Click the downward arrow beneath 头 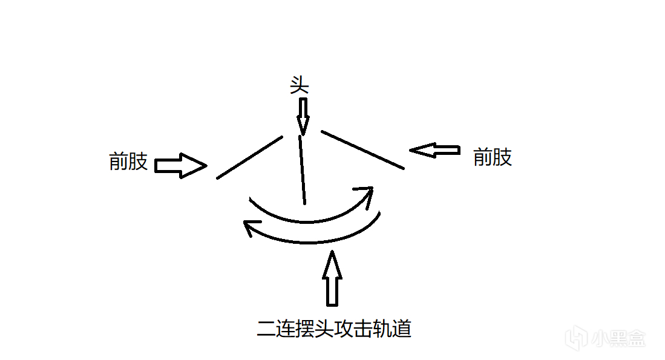pyautogui.click(x=303, y=116)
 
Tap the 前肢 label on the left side pyautogui.click(x=128, y=162)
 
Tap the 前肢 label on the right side pyautogui.click(x=493, y=157)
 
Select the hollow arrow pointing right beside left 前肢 pyautogui.click(x=181, y=165)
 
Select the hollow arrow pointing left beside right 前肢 pyautogui.click(x=434, y=151)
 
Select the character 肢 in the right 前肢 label pyautogui.click(x=502, y=157)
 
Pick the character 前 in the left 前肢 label pyautogui.click(x=119, y=162)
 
